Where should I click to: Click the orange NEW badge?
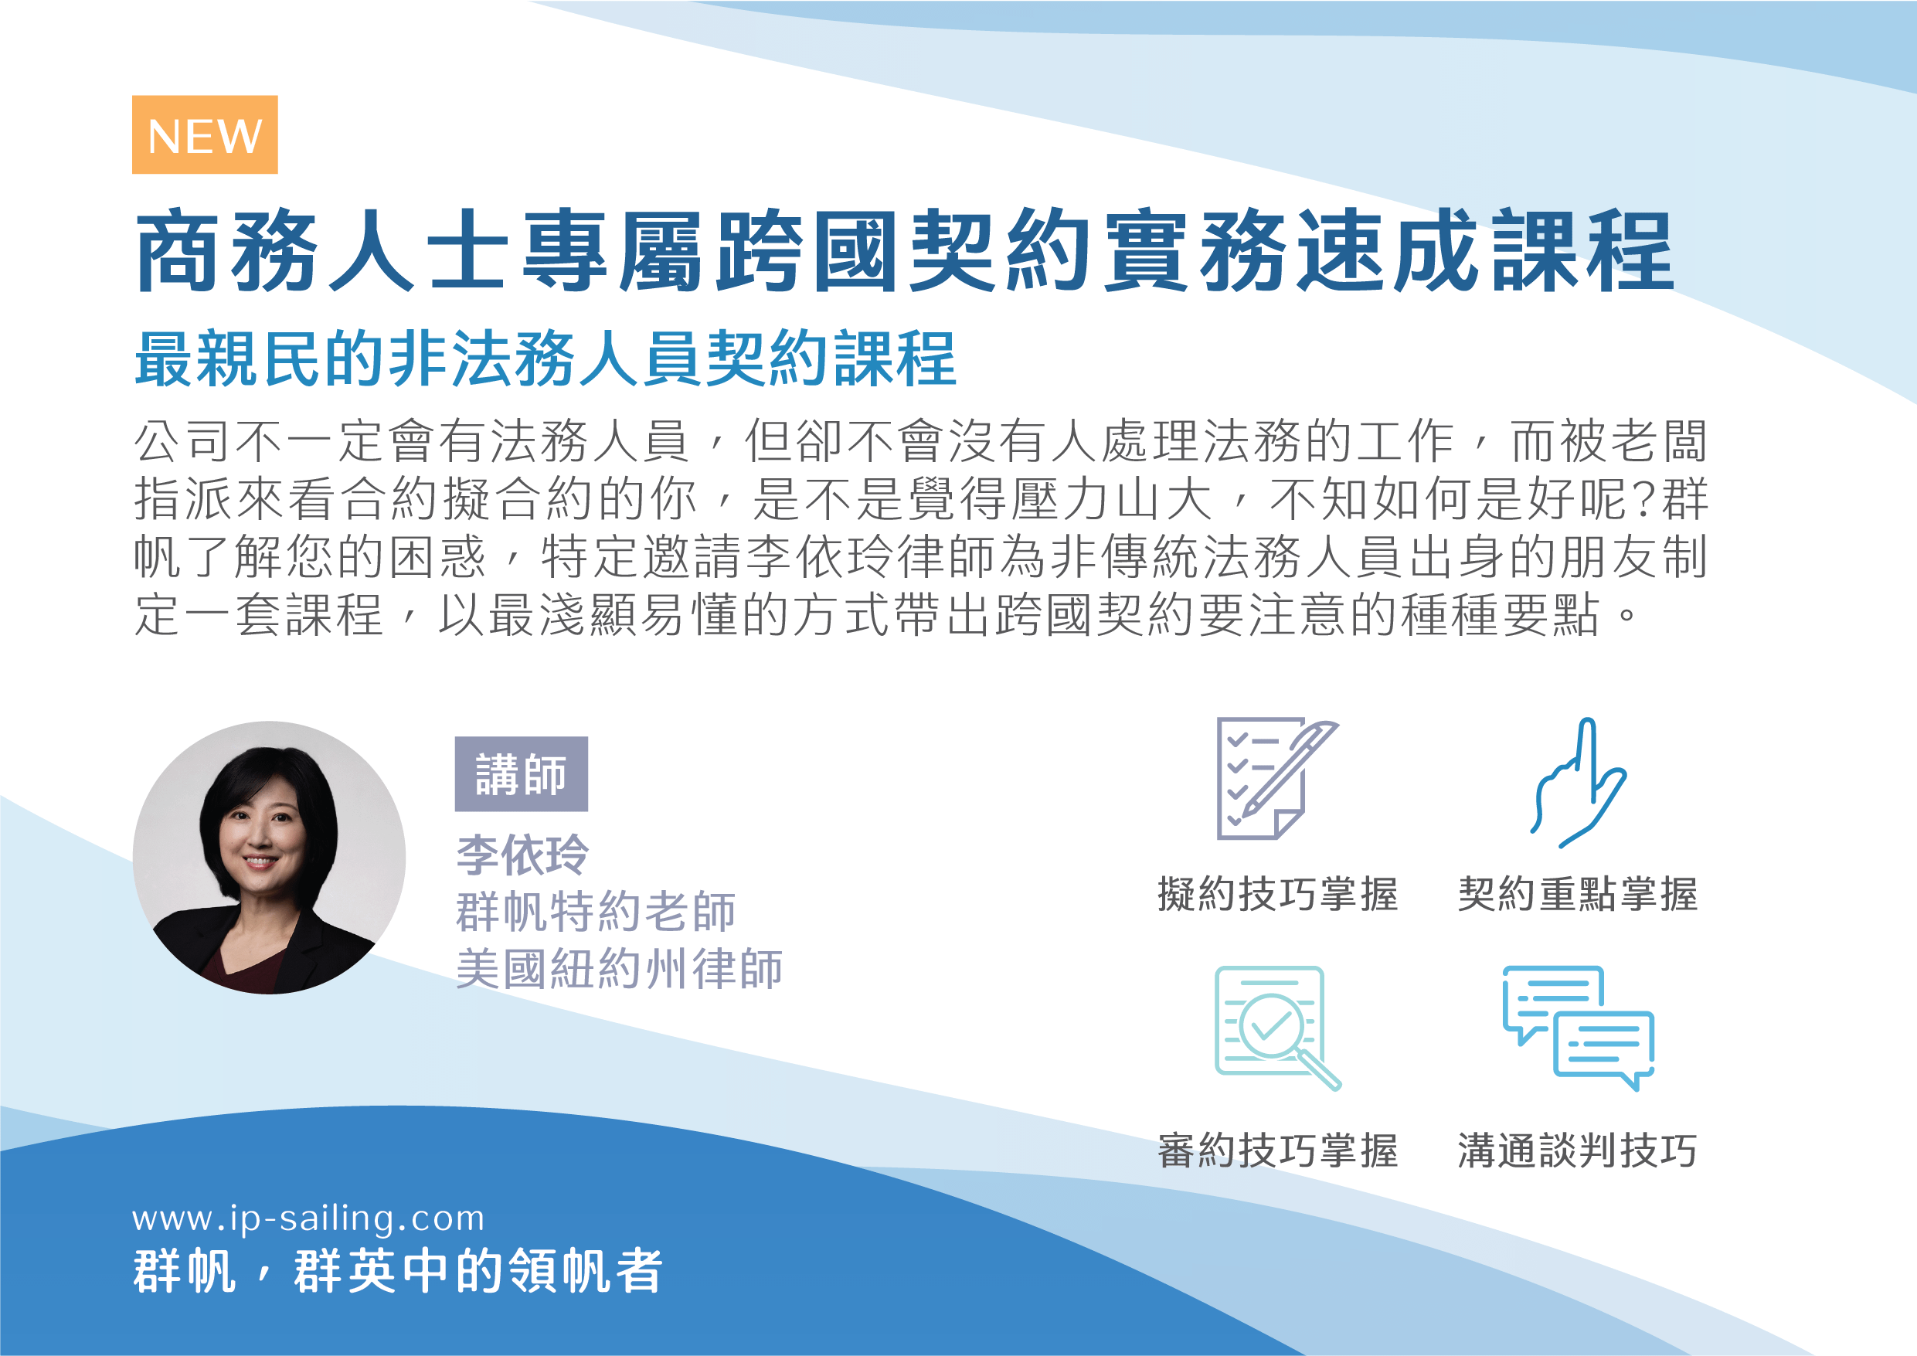click(205, 134)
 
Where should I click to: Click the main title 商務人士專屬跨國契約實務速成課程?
click(905, 251)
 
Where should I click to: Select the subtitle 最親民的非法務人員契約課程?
click(546, 359)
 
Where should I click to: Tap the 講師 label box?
click(521, 774)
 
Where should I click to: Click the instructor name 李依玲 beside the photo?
click(522, 855)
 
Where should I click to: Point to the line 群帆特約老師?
click(595, 911)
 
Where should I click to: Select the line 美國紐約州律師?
click(619, 969)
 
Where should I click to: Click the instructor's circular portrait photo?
click(269, 858)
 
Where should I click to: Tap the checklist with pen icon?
click(1276, 778)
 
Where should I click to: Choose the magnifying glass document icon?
click(1276, 1027)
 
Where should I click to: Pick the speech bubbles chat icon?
click(1578, 1027)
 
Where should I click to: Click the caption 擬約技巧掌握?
click(1277, 894)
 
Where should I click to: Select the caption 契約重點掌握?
click(1578, 894)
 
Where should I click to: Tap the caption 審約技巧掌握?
click(1277, 1150)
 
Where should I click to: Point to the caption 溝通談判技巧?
click(1578, 1150)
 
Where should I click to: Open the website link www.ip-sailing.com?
click(308, 1219)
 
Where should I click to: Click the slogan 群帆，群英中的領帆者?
click(398, 1271)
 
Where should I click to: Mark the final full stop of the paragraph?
click(1626, 617)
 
